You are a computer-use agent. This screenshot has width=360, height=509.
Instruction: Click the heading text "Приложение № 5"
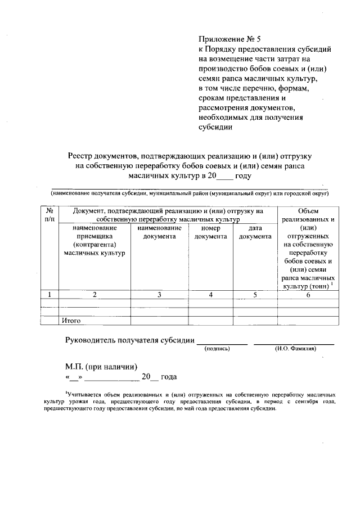[229, 39]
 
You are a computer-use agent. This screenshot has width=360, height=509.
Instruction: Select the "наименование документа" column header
[159, 232]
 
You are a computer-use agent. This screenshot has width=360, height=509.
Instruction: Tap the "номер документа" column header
[210, 232]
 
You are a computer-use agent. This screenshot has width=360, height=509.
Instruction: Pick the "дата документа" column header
[255, 232]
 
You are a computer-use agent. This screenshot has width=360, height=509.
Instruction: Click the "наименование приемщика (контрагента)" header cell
[94, 241]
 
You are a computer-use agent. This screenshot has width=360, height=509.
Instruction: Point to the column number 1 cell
[50, 294]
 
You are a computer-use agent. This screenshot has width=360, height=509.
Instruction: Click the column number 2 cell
[94, 294]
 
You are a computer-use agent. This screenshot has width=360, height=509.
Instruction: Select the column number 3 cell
[159, 294]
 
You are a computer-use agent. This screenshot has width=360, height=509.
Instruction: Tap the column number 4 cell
[210, 294]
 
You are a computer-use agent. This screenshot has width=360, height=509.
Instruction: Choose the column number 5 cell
[255, 294]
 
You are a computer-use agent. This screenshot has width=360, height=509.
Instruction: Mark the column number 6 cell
[308, 294]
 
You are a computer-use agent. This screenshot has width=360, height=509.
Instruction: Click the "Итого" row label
[72, 321]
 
